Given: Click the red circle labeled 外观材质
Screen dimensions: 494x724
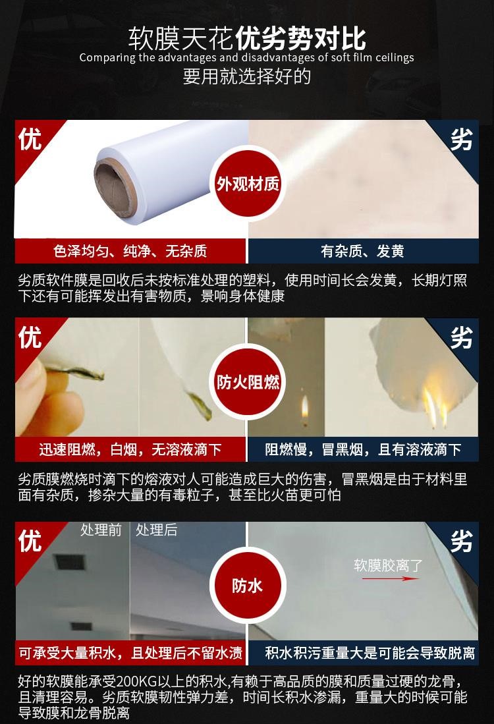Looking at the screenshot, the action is pyautogui.click(x=248, y=184).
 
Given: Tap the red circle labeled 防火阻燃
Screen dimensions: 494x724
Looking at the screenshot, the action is pyautogui.click(x=248, y=382).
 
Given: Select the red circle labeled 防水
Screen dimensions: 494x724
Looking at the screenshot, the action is pyautogui.click(x=248, y=586).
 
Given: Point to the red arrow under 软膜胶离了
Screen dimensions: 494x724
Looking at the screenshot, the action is pyautogui.click(x=390, y=578).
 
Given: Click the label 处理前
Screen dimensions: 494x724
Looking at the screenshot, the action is pyautogui.click(x=101, y=530).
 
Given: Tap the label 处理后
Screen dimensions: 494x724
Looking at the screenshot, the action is pyautogui.click(x=157, y=530).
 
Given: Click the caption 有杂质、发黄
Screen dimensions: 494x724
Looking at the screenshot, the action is pyautogui.click(x=362, y=251).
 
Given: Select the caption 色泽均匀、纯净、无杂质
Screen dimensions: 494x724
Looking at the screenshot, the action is pyautogui.click(x=130, y=251).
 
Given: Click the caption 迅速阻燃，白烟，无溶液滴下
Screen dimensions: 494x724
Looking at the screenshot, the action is pyautogui.click(x=130, y=449).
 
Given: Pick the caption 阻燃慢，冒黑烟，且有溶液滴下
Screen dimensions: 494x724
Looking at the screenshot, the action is pyautogui.click(x=363, y=449).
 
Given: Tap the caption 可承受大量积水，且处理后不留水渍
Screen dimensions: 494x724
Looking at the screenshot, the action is pyautogui.click(x=130, y=653).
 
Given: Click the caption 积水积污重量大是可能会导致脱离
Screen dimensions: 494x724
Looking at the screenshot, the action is pyautogui.click(x=370, y=653).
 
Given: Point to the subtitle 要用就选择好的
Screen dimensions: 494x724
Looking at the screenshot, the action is pyautogui.click(x=247, y=76).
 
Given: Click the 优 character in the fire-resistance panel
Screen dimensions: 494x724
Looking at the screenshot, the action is pyautogui.click(x=30, y=337).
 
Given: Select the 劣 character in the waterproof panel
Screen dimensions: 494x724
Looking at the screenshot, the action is pyautogui.click(x=462, y=541).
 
